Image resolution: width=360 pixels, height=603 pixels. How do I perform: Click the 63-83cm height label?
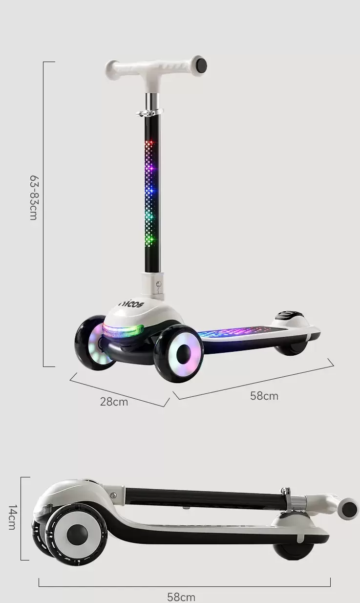pyautogui.click(x=34, y=198)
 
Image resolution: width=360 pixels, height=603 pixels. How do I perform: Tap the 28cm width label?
pyautogui.click(x=114, y=402)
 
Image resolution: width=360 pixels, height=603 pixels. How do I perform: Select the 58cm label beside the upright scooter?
pyautogui.click(x=264, y=396)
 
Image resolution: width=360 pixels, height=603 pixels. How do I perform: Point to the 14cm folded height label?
pyautogui.click(x=12, y=517)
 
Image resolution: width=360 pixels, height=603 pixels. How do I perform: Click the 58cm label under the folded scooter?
pyautogui.click(x=181, y=597)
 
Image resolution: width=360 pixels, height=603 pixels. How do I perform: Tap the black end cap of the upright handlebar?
pyautogui.click(x=201, y=65)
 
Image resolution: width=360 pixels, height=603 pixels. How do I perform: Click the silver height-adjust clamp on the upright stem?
pyautogui.click(x=149, y=112)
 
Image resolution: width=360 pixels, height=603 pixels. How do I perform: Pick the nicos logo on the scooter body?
pyautogui.click(x=131, y=304)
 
